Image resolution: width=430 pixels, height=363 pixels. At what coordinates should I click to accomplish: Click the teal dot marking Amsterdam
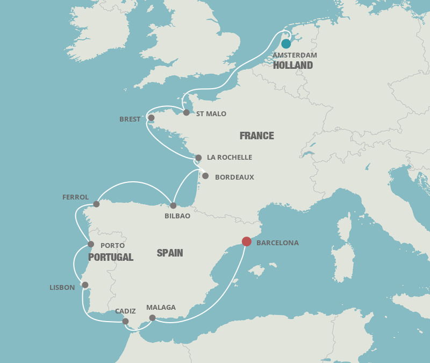coord(286,44)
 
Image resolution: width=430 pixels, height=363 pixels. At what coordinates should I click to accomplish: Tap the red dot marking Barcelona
coord(247,241)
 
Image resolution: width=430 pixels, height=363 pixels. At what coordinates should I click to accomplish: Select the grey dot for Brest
coord(151,118)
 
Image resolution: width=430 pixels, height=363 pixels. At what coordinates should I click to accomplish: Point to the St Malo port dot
coord(187,112)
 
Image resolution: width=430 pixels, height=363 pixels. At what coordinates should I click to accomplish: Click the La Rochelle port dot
coord(198,158)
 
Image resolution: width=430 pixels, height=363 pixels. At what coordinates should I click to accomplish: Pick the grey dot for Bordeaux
coord(205,176)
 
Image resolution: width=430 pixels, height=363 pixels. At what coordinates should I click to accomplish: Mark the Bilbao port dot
coord(173,205)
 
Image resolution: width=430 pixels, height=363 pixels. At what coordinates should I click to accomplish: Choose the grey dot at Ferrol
coord(96,204)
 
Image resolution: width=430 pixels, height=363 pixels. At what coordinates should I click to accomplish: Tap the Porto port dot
coord(91,244)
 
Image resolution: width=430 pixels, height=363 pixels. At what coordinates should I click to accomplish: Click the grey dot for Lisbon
coord(85,285)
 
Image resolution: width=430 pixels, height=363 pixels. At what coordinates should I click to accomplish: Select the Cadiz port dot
coord(125,321)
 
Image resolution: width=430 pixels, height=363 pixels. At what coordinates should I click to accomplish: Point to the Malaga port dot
coord(152,318)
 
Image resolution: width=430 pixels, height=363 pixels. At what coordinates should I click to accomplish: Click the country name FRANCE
coord(257,136)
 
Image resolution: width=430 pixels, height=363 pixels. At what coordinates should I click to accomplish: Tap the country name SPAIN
coord(170,253)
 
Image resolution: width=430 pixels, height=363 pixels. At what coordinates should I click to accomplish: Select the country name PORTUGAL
coord(111,257)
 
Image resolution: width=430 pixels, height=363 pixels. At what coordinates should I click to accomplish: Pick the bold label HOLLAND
coord(293,66)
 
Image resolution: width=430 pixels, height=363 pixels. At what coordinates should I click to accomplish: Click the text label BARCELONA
coord(277,243)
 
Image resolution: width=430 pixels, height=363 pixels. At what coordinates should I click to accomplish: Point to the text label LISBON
coord(62,288)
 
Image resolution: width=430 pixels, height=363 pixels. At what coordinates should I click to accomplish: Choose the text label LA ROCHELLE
coord(230,158)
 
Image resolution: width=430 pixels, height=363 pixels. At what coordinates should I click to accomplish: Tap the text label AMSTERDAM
coord(295,55)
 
